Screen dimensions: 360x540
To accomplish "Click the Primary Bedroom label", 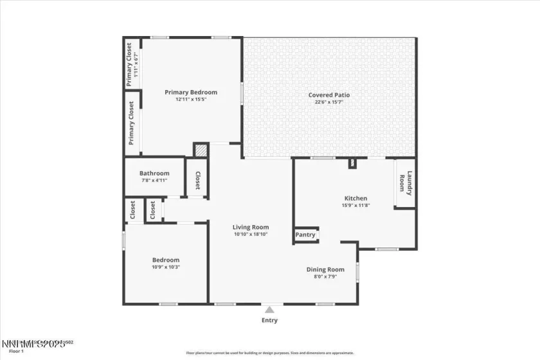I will [191, 93].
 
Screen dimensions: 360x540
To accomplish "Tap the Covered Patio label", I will [329, 95].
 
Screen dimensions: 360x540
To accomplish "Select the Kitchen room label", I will [355, 199].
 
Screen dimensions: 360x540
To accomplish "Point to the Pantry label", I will [305, 235].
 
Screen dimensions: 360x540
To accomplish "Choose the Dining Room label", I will [325, 269].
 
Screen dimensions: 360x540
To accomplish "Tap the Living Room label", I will [251, 227].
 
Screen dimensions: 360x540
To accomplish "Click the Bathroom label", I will [154, 174].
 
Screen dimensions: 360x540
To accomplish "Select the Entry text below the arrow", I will [269, 320].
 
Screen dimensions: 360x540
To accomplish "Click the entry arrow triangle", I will [269, 310].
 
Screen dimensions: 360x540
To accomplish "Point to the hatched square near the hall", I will [201, 150].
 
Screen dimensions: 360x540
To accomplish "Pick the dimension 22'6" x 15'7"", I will [329, 102].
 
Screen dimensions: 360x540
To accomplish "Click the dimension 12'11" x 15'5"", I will [191, 100].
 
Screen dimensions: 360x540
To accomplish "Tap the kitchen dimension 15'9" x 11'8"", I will [355, 206].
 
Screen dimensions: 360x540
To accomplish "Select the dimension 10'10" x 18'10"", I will [251, 234].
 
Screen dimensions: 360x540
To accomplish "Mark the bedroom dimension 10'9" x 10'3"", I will [165, 267].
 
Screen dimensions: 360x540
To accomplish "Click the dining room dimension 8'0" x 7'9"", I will [325, 276].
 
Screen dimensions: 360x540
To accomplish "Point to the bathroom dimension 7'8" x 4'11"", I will [154, 181].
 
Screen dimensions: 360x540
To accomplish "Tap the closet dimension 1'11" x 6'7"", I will [136, 66].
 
